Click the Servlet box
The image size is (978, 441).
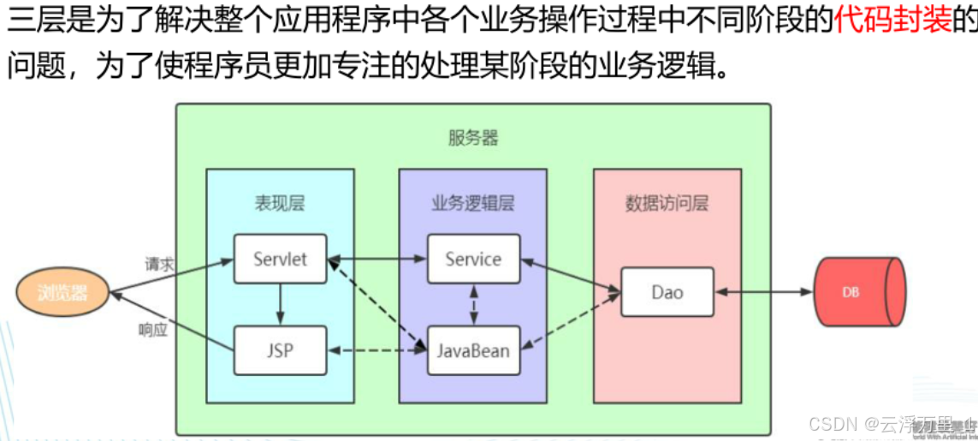pyautogui.click(x=280, y=259)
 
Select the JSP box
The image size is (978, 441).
pyautogui.click(x=280, y=350)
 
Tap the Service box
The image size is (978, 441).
pyautogui.click(x=473, y=259)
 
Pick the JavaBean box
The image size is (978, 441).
pyautogui.click(x=473, y=350)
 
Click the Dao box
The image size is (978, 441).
pyautogui.click(x=667, y=292)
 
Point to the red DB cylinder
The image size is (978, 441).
pyautogui.click(x=857, y=292)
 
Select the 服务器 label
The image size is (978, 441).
pyautogui.click(x=472, y=138)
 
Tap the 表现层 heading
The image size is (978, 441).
pyautogui.click(x=279, y=203)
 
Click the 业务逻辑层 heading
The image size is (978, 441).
pyautogui.click(x=472, y=203)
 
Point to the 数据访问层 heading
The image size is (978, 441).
pyautogui.click(x=667, y=203)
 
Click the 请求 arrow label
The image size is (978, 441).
pyautogui.click(x=159, y=264)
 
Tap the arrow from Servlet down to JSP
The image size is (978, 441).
pyautogui.click(x=280, y=304)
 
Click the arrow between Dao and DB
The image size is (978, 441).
pyautogui.click(x=763, y=292)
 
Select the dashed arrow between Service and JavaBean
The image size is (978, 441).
pyautogui.click(x=473, y=304)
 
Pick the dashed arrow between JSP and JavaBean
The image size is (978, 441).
pyautogui.click(x=376, y=350)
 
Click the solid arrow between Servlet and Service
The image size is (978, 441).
pyautogui.click(x=376, y=257)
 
